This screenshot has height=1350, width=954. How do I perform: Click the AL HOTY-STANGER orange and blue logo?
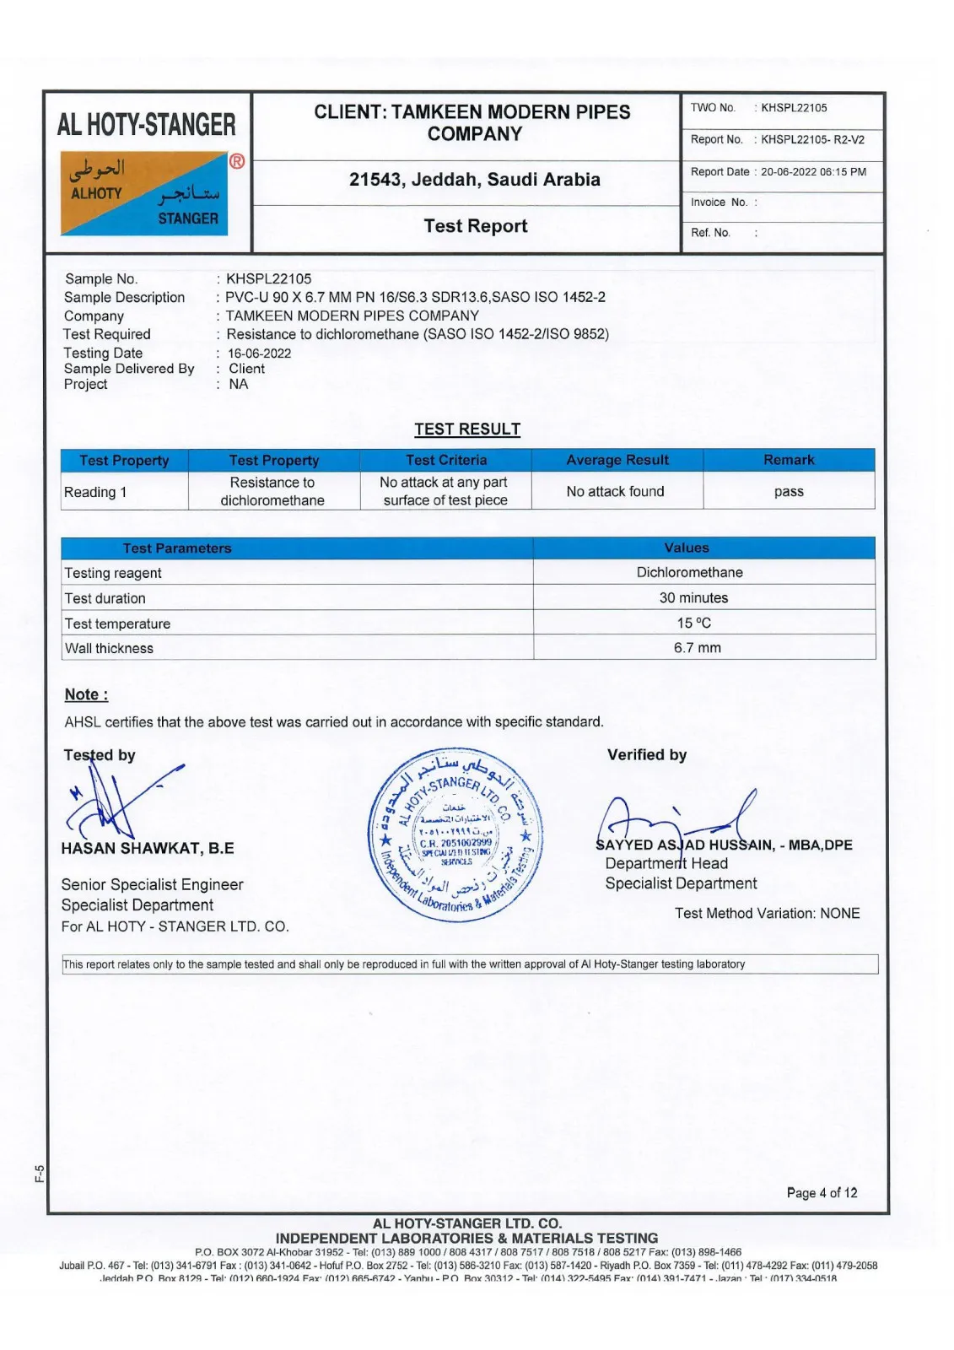click(143, 193)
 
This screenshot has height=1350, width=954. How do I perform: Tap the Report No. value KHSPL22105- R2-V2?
click(812, 140)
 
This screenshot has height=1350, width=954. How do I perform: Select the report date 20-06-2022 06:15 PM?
click(813, 172)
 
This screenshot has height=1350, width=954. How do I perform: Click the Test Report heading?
click(476, 226)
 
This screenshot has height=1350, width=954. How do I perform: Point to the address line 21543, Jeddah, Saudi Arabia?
click(475, 180)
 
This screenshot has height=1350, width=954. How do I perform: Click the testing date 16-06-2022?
click(259, 354)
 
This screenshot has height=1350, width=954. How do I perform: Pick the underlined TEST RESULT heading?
click(467, 429)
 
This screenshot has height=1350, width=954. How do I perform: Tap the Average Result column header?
click(617, 460)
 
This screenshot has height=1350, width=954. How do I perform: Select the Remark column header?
click(789, 460)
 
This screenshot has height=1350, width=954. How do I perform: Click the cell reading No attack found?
click(616, 492)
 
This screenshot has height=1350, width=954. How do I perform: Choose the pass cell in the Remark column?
click(789, 492)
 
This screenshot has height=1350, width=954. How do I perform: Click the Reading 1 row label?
click(95, 493)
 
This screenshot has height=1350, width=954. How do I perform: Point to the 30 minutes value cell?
click(693, 598)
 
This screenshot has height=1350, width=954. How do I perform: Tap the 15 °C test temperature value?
click(693, 624)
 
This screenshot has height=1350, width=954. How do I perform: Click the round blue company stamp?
click(456, 834)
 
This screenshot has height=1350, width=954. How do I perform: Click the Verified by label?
click(647, 755)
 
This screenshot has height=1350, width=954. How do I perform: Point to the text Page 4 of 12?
click(822, 1193)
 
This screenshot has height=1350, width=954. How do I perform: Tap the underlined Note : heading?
click(86, 694)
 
